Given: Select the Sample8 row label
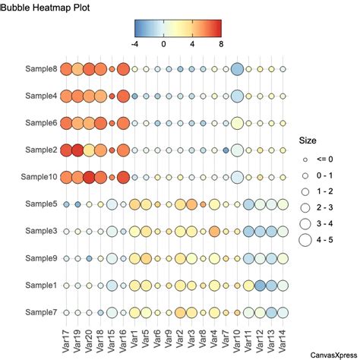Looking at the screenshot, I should click(x=39, y=69).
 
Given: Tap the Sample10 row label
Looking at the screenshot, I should click(x=37, y=177).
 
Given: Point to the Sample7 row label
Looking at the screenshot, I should click(x=39, y=311).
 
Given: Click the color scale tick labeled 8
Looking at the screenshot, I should click(x=220, y=44).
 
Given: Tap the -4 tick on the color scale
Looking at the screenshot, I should click(x=136, y=44).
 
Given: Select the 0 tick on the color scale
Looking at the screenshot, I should click(x=164, y=44).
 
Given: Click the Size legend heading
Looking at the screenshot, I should click(x=307, y=141).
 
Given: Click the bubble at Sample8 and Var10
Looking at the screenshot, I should click(x=236, y=70).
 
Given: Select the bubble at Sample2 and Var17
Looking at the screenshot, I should click(x=66, y=150).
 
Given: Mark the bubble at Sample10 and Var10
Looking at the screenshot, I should click(x=236, y=177).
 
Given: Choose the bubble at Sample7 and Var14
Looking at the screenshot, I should click(x=283, y=311).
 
